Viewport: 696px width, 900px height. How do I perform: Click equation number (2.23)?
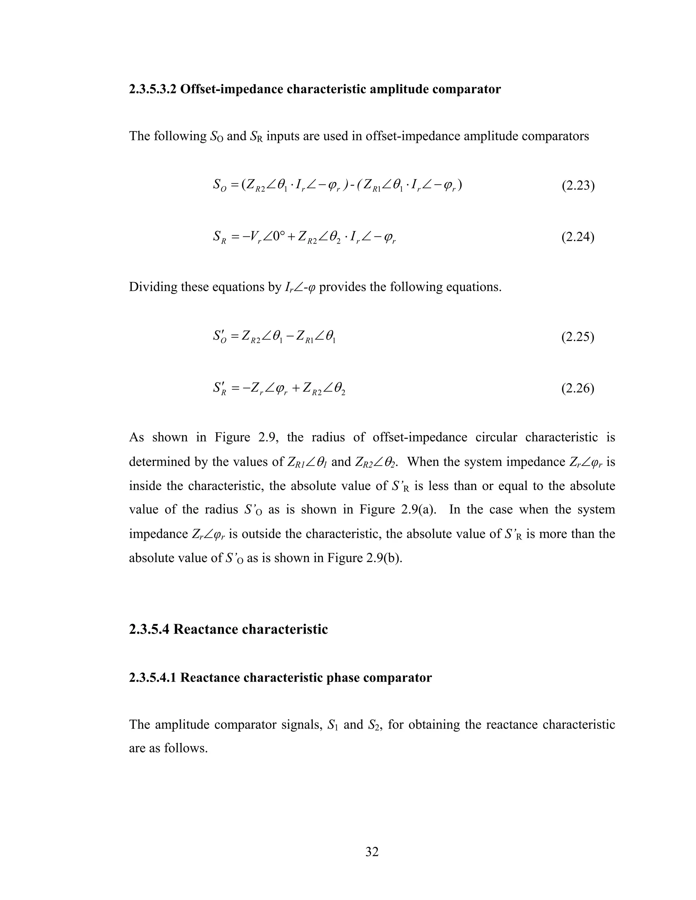click(577, 186)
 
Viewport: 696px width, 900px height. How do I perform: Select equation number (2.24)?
click(577, 237)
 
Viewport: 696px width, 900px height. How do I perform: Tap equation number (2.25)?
click(577, 337)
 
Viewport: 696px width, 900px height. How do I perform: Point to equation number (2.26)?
click(577, 389)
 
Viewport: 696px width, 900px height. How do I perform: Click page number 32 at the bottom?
click(371, 851)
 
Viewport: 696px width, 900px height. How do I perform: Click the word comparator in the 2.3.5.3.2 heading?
click(466, 89)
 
